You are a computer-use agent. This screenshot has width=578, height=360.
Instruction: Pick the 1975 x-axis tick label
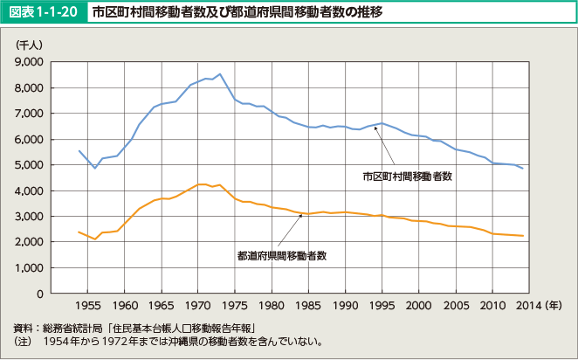point(234,307)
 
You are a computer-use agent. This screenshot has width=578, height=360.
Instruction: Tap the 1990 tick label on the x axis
point(345,307)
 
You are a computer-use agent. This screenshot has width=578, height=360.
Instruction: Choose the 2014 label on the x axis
point(522,307)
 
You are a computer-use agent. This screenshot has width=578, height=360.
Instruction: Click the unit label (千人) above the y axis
point(30,43)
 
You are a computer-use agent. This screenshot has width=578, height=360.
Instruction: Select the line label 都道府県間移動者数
point(281,256)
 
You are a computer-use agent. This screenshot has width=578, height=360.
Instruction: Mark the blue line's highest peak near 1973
point(220,74)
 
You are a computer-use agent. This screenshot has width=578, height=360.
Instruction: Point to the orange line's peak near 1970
point(201,184)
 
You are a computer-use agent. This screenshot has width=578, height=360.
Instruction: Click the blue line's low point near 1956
point(94,168)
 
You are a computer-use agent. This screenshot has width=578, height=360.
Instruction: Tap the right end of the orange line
point(523,236)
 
